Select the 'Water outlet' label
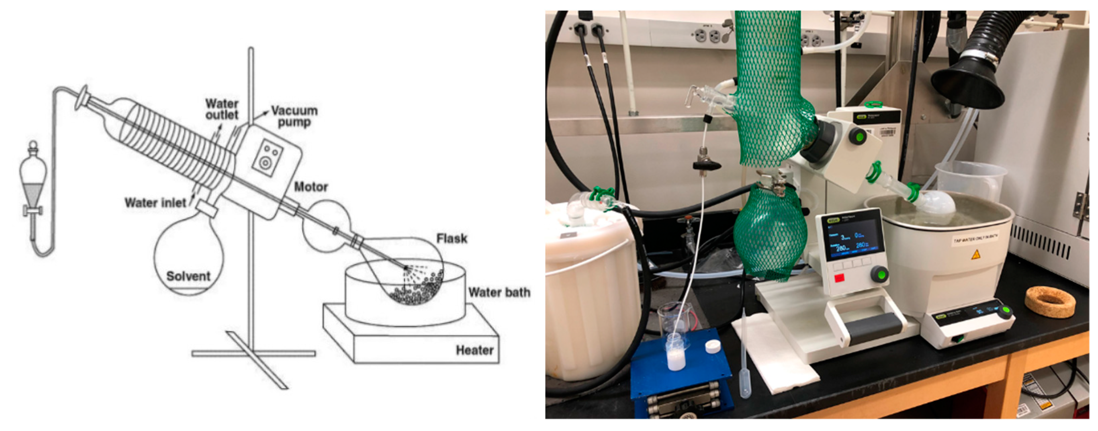pos(222,109)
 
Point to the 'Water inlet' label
pos(155,203)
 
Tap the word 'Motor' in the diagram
pos(311,187)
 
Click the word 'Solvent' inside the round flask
pos(188,276)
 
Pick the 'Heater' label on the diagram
pos(474,350)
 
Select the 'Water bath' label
pos(499,293)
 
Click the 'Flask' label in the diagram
pos(452,238)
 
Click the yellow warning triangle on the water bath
pos(975,255)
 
